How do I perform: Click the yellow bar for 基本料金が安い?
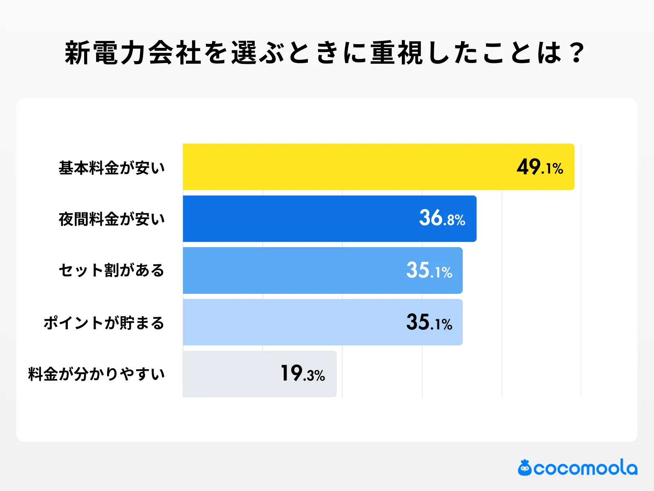point(347,167)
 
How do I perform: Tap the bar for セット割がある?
point(294,270)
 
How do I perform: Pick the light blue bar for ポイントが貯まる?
point(294,322)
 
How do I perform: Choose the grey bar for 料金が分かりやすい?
point(229,374)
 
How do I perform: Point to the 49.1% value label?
point(540,167)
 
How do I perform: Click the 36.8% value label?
point(442,218)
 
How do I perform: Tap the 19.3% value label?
point(302,374)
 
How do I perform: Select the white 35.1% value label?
point(429,271)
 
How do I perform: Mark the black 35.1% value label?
point(429,323)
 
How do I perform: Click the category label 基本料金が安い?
point(112,168)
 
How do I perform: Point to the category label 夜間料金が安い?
point(112,219)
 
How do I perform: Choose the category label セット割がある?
point(112,270)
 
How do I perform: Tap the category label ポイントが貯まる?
point(104,323)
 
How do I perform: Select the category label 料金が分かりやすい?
point(96,374)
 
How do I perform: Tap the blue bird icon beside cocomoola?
point(524,468)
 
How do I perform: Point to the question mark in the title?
point(577,53)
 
